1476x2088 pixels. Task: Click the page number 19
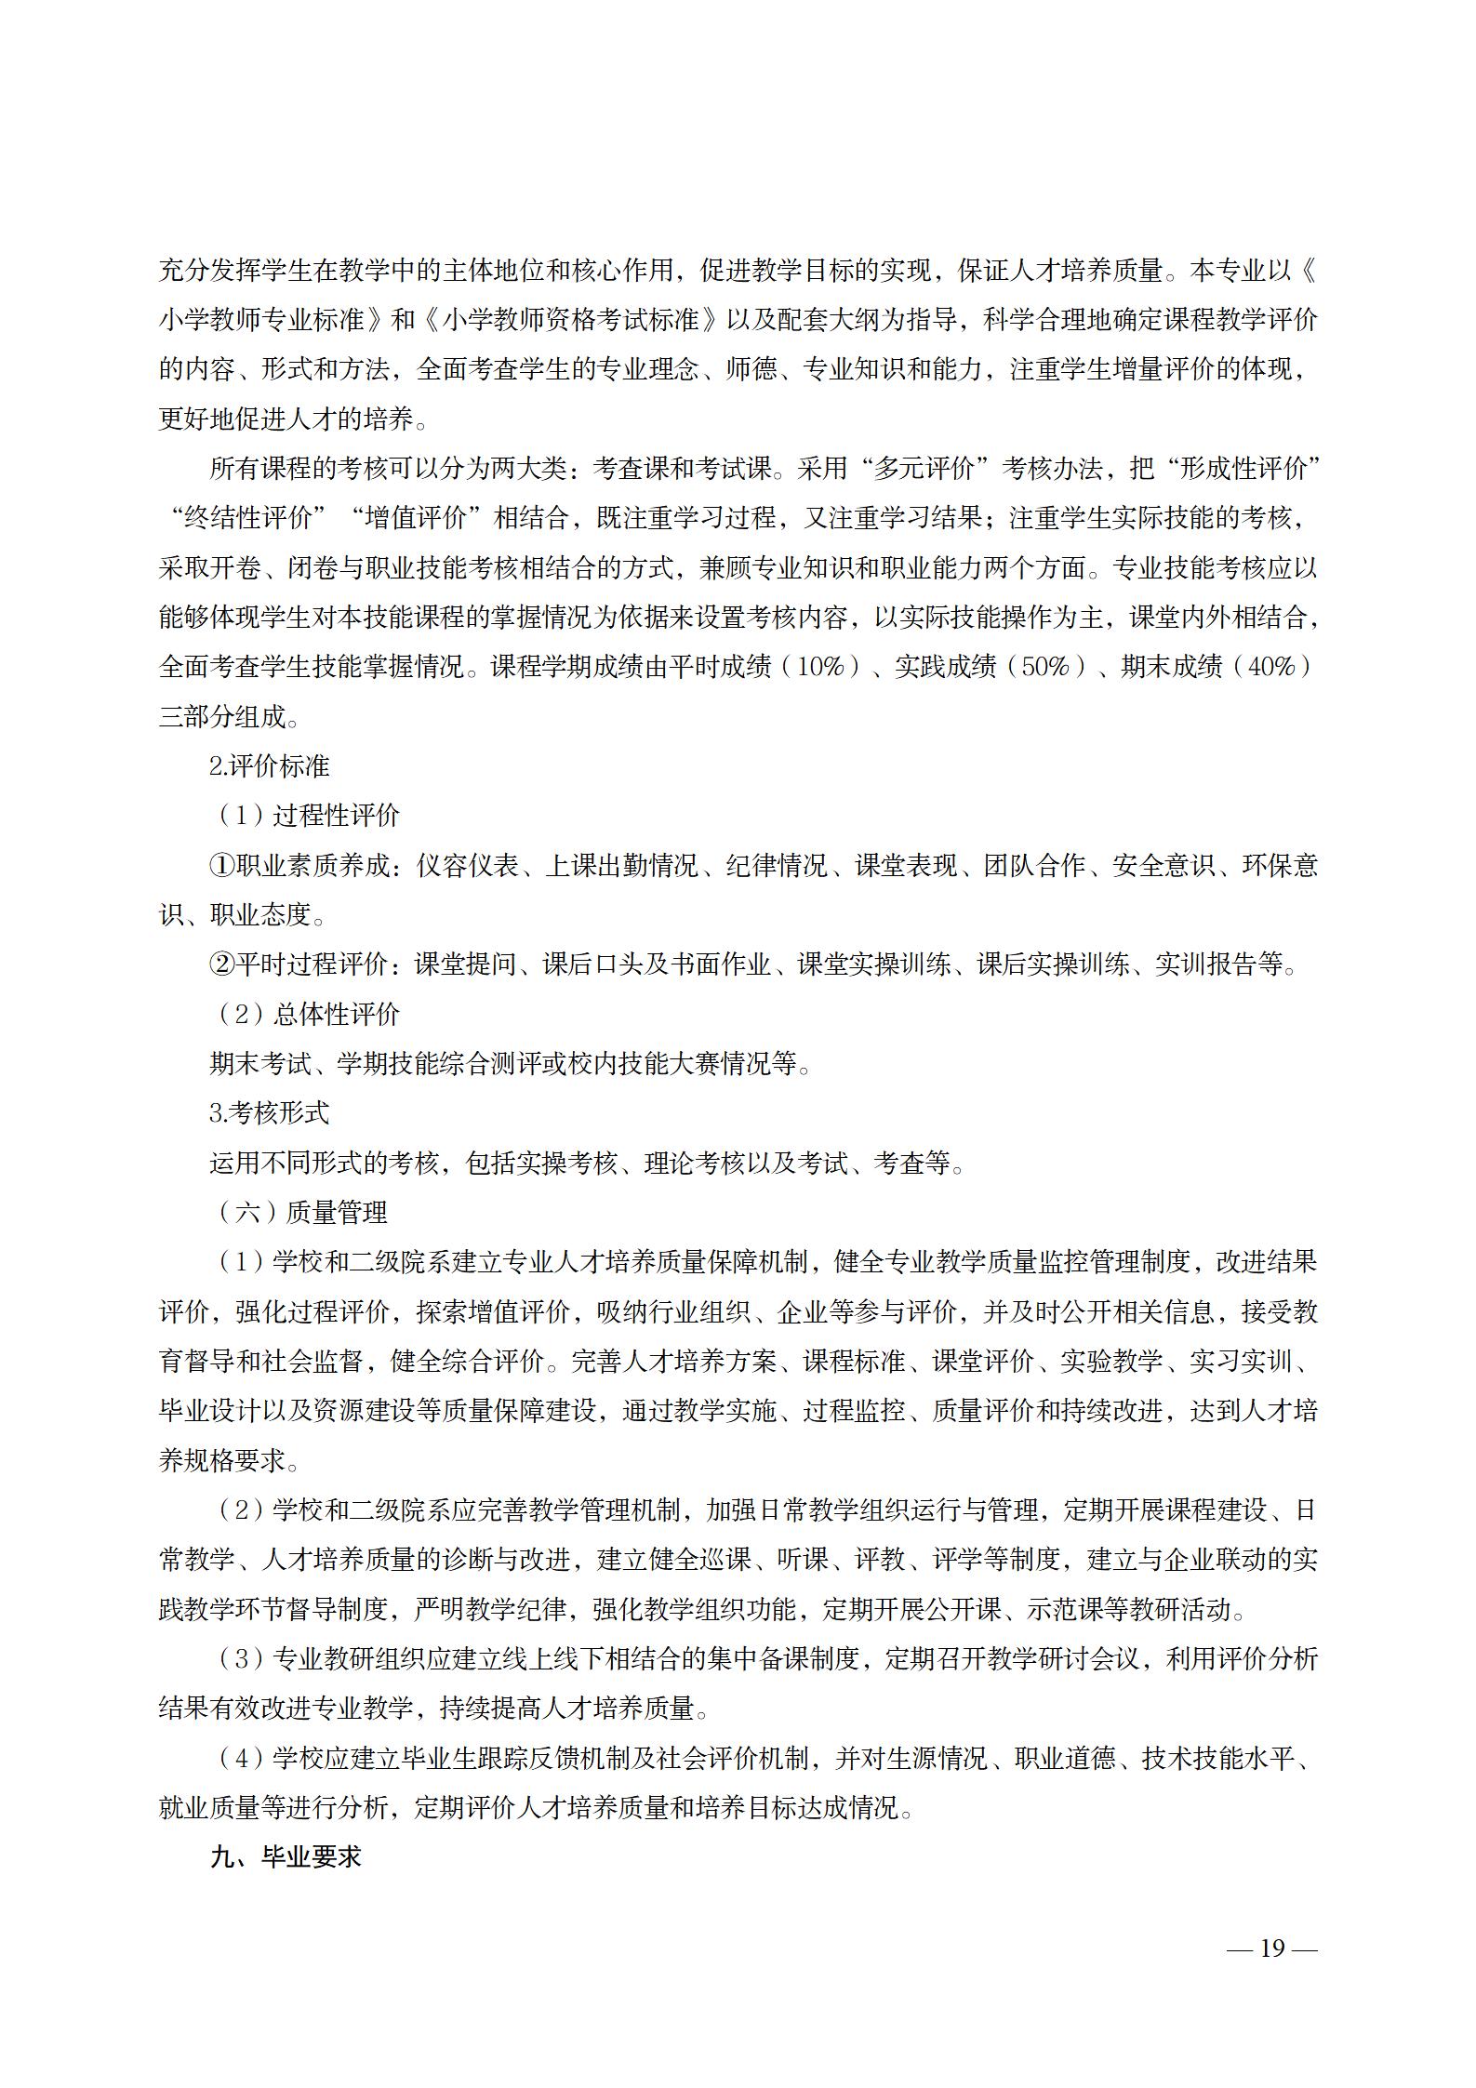(x=1271, y=1948)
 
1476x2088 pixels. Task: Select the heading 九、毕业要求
(x=286, y=1857)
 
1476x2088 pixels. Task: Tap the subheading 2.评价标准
(x=270, y=766)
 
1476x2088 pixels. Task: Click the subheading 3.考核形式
(x=270, y=1113)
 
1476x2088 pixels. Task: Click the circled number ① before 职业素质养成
(x=221, y=866)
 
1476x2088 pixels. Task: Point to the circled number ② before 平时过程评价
(x=221, y=964)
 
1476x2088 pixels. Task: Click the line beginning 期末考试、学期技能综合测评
(x=511, y=1064)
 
